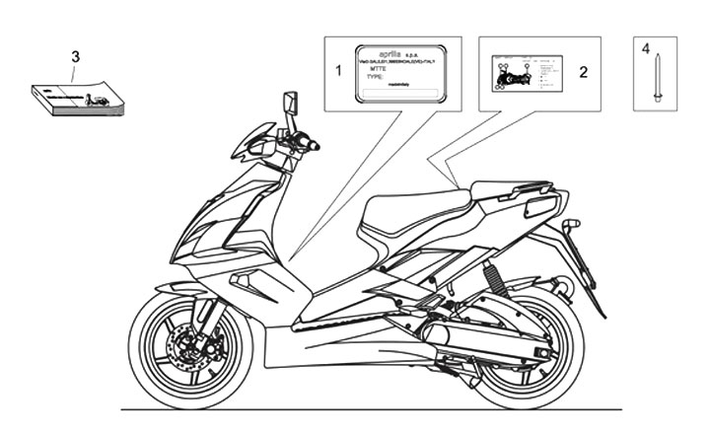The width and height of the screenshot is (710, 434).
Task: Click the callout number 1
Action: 338,71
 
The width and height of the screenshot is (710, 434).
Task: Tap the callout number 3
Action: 75,55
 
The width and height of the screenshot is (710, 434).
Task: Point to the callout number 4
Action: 646,46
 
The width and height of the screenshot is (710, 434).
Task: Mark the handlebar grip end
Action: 315,146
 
